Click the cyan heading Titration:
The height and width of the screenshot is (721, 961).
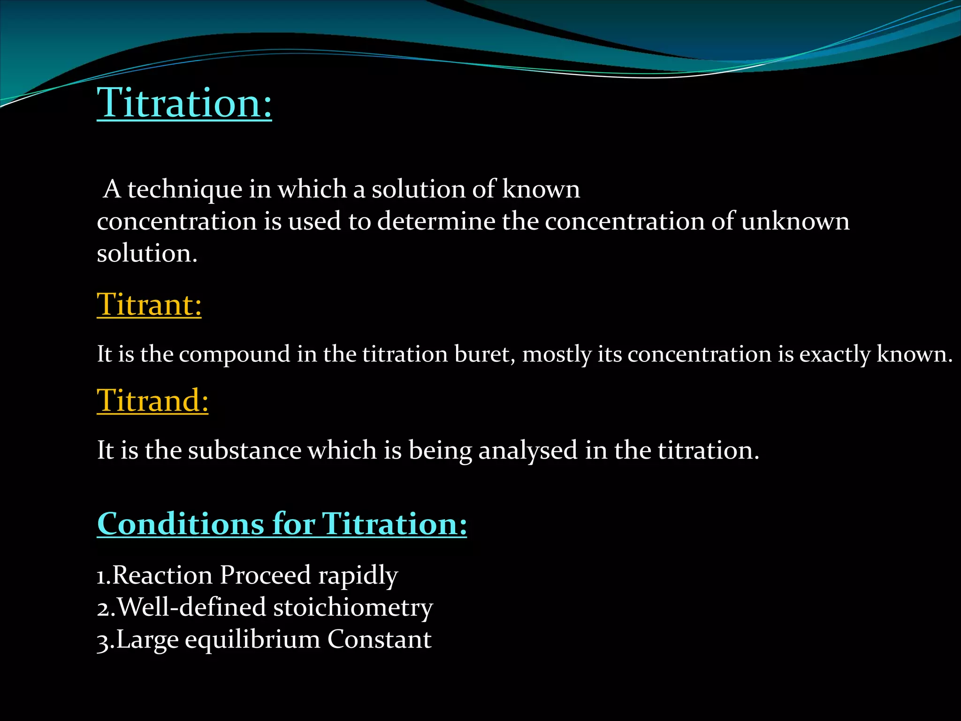point(184,103)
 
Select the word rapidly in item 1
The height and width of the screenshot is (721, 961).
point(358,575)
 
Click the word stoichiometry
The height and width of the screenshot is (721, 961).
point(353,607)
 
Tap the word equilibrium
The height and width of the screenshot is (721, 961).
point(252,639)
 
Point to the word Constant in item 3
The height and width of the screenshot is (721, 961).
point(379,639)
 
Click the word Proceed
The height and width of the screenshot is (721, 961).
point(265,575)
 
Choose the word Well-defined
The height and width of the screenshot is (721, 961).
point(192,607)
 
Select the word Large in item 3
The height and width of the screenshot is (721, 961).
point(147,639)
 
